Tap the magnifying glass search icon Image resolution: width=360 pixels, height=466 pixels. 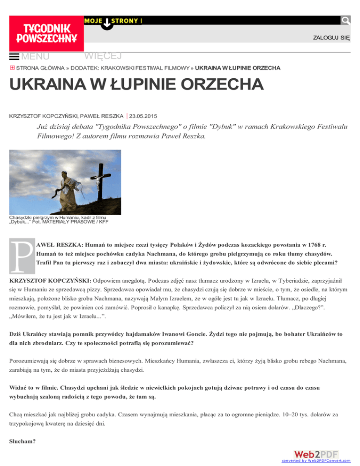tap(345, 20)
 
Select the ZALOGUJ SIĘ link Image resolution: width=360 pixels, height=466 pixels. tap(331, 38)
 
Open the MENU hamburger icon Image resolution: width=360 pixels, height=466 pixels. tap(14, 57)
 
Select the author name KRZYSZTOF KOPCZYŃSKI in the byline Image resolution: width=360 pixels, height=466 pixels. tap(39, 115)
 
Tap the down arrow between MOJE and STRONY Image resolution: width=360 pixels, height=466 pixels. tap(107, 23)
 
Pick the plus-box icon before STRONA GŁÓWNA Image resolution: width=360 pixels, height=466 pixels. tap(12, 68)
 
